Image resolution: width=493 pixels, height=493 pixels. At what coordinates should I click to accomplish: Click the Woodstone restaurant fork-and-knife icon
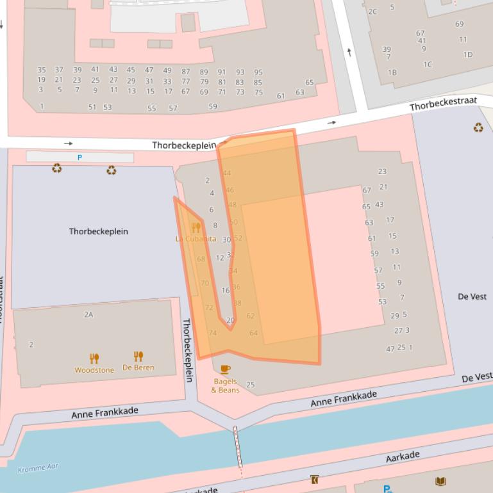(x=94, y=359)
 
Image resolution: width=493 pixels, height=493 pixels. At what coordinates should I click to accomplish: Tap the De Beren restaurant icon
(x=138, y=357)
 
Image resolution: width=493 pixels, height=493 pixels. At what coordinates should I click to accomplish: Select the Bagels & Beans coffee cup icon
(x=225, y=369)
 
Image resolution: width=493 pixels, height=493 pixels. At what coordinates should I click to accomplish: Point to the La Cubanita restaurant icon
(x=196, y=227)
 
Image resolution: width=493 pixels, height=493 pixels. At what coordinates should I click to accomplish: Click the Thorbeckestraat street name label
(x=443, y=104)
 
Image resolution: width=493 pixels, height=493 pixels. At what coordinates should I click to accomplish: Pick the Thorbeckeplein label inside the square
(x=98, y=231)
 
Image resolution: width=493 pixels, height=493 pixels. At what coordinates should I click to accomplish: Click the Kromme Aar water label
(x=37, y=468)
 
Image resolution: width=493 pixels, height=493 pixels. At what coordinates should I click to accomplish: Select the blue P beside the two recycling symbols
(x=80, y=158)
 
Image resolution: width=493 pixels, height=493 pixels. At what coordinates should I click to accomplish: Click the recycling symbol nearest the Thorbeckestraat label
(x=478, y=128)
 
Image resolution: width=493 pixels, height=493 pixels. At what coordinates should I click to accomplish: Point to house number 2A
(x=88, y=314)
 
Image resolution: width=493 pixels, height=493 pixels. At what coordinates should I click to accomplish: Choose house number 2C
(x=372, y=12)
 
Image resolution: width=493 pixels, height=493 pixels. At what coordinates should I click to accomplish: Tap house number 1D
(x=468, y=54)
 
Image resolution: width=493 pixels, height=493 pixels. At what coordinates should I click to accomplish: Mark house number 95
(x=258, y=72)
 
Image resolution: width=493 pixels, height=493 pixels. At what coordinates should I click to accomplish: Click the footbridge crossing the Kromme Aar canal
(x=237, y=442)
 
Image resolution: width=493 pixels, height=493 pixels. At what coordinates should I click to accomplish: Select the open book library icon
(x=440, y=481)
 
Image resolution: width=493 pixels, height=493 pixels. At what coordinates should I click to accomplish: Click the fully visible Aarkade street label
(x=403, y=457)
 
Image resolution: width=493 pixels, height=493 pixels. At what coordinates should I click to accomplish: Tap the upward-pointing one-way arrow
(x=349, y=52)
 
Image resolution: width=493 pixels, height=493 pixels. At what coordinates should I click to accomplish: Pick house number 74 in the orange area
(x=212, y=333)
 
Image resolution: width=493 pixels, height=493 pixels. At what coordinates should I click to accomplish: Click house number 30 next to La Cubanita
(x=226, y=239)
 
